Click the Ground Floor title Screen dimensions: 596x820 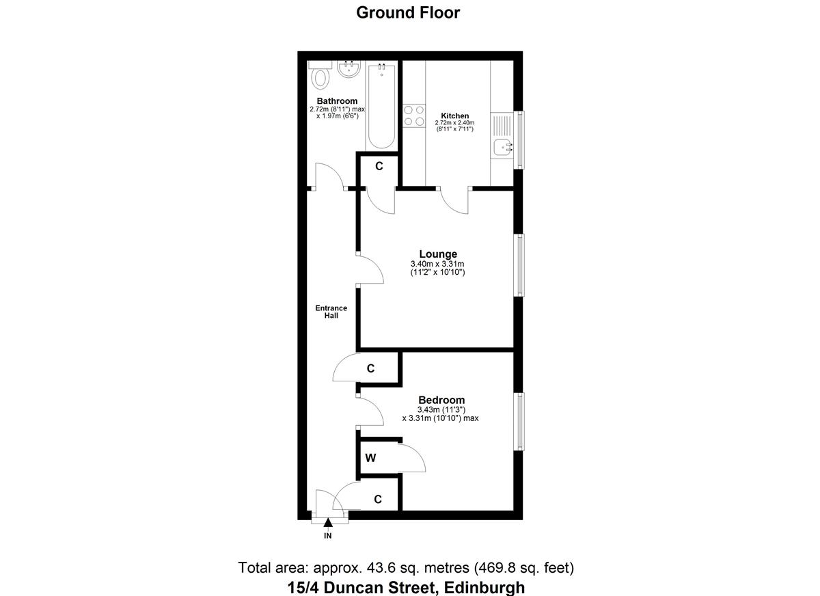[x=408, y=12]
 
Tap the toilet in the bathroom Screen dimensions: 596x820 [x=318, y=77]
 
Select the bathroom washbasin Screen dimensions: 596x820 [x=348, y=69]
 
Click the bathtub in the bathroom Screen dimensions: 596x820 [x=381, y=106]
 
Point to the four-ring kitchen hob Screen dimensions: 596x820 [x=413, y=115]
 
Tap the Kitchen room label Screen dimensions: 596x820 [x=454, y=116]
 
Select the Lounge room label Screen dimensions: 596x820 [x=438, y=254]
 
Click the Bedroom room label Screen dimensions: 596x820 [x=441, y=400]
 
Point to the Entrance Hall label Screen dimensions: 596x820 [x=331, y=312]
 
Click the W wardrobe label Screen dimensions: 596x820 [x=370, y=458]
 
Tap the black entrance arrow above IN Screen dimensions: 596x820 [x=328, y=524]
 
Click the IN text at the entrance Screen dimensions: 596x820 [x=328, y=537]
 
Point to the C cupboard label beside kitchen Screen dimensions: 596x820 [x=379, y=166]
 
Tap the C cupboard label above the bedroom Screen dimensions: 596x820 [x=370, y=368]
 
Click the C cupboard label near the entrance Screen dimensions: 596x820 [x=377, y=500]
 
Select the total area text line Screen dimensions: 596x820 [x=406, y=567]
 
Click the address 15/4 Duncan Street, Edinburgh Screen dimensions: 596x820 [x=406, y=586]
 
